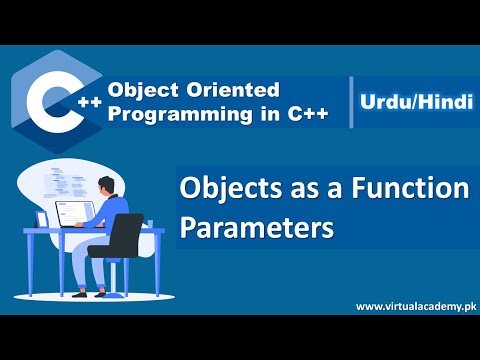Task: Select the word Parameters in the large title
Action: pos(256,225)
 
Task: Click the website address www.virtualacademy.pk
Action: pos(413,306)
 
